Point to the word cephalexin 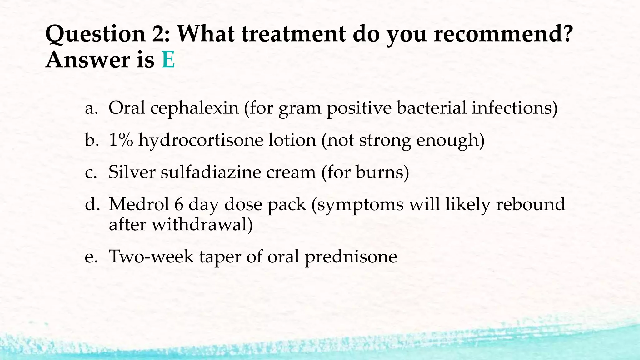tap(194, 108)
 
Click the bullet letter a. tap(91, 108)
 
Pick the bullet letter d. tap(92, 205)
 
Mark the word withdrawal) tap(202, 224)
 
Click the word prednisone tap(351, 257)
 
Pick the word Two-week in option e tap(151, 257)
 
